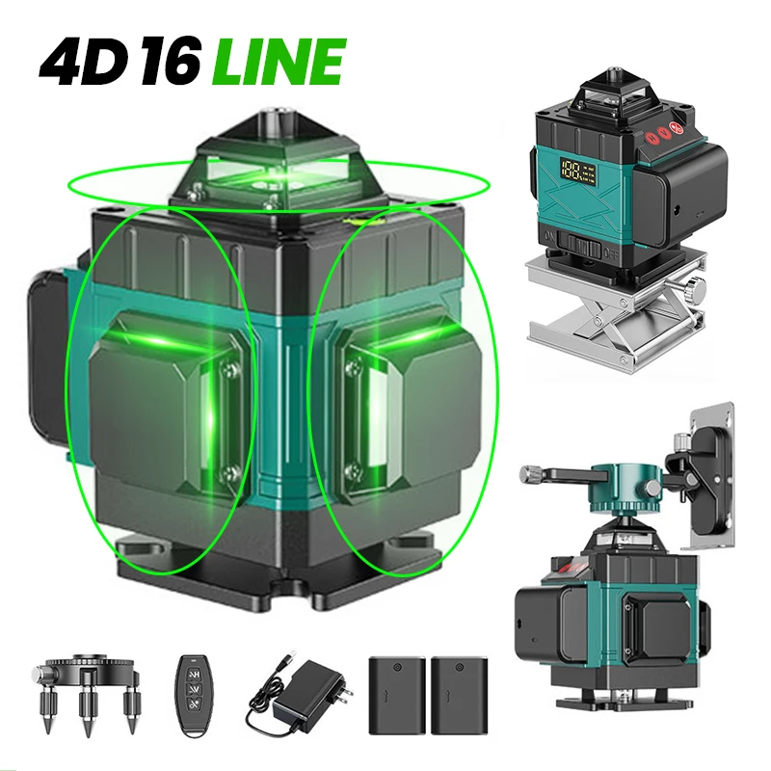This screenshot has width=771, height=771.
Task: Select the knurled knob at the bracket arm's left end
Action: pyautogui.click(x=530, y=473)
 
